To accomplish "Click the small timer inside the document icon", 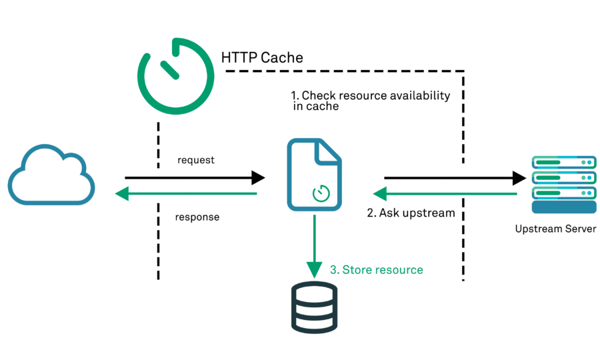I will pyautogui.click(x=322, y=193).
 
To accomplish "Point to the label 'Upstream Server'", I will pyautogui.click(x=555, y=229).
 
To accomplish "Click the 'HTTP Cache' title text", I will pyautogui.click(x=262, y=58).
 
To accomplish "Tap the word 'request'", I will pyautogui.click(x=196, y=161).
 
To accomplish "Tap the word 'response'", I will pyautogui.click(x=197, y=217).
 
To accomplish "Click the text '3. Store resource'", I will pyautogui.click(x=377, y=270).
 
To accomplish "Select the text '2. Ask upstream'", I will pyautogui.click(x=411, y=213).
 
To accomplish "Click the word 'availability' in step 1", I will pyautogui.click(x=421, y=96).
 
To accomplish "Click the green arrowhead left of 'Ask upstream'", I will pyautogui.click(x=380, y=194).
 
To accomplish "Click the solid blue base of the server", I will pyautogui.click(x=563, y=207).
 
